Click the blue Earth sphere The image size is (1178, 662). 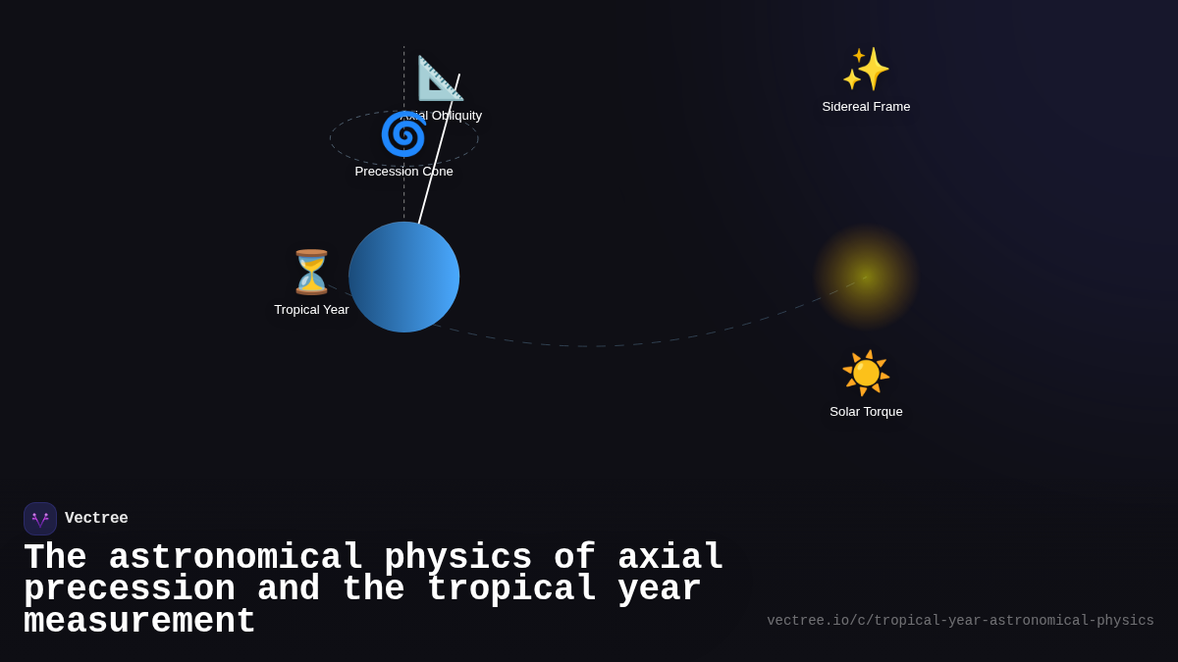[x=403, y=277]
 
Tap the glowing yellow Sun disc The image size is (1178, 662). [x=866, y=277]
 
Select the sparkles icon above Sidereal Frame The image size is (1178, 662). [x=866, y=69]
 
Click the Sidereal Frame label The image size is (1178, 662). [x=866, y=106]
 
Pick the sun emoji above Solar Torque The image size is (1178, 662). [x=866, y=373]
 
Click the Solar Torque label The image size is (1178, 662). [x=866, y=411]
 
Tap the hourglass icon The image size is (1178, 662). [x=311, y=272]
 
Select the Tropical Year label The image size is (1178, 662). [x=311, y=309]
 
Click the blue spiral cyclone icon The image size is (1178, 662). [x=402, y=134]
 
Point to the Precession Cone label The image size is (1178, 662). [x=403, y=171]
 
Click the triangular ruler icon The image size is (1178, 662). [x=439, y=78]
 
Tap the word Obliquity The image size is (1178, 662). [x=456, y=115]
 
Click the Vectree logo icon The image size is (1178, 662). [x=40, y=519]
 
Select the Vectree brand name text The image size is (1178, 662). [x=96, y=518]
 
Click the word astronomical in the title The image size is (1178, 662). [x=236, y=557]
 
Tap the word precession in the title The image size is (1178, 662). [x=130, y=588]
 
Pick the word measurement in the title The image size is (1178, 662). [x=139, y=621]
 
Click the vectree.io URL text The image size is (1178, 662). [x=960, y=620]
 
